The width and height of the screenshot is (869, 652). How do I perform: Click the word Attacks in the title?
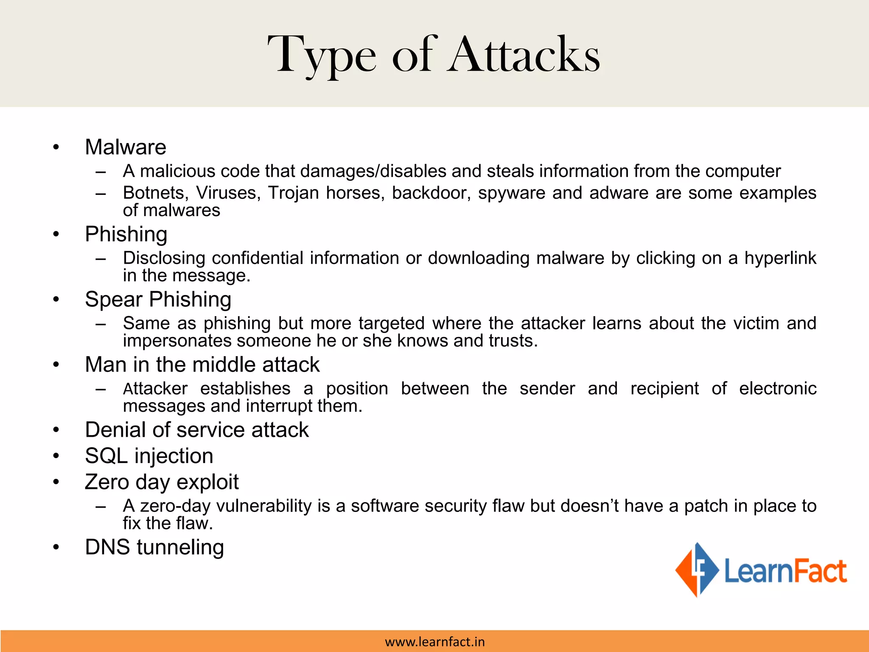click(524, 55)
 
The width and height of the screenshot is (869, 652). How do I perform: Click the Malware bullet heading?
click(126, 147)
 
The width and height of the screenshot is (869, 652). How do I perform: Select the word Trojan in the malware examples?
click(293, 193)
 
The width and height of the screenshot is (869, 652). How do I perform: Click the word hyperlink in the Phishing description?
click(780, 258)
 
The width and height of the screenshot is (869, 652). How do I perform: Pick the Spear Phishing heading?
click(158, 300)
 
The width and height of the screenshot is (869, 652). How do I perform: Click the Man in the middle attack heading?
click(202, 365)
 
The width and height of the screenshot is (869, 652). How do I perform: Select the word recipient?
click(664, 389)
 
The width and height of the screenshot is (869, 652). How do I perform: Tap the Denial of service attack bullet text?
click(196, 430)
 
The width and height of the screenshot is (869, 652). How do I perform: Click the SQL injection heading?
click(149, 456)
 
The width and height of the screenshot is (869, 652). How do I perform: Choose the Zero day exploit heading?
click(162, 482)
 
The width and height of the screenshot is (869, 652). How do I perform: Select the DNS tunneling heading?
click(154, 547)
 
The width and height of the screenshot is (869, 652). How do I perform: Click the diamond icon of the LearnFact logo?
click(696, 570)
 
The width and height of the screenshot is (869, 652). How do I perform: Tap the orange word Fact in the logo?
click(820, 571)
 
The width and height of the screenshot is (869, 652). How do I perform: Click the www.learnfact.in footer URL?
click(434, 642)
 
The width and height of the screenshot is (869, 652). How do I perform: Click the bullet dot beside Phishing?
click(56, 234)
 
